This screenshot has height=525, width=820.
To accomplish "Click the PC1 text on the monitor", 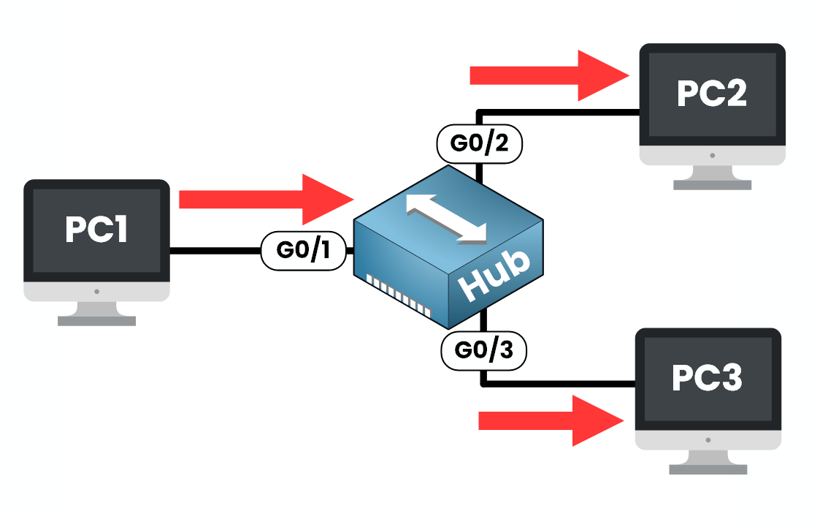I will coord(96,229).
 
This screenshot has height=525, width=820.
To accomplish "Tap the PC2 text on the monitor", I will coord(712,93).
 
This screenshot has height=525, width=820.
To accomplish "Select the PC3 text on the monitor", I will coord(707,377).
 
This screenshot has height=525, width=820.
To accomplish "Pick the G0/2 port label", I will coord(479,143).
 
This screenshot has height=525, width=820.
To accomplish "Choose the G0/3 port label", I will coord(483,350).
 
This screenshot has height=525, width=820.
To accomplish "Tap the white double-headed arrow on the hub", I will coord(448,217).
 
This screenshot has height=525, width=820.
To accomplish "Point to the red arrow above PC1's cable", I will coord(266,199).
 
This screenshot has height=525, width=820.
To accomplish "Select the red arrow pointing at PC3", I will coord(551,420).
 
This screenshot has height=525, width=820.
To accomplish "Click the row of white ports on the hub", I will coord(398,295).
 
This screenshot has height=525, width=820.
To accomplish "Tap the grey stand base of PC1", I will coord(97,320).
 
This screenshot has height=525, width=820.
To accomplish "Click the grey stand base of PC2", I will coord(712,185).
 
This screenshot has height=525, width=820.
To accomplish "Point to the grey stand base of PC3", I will coord(708,469).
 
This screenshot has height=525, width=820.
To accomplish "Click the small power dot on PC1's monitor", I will coord(97,292).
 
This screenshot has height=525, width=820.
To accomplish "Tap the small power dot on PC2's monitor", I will coord(712,155).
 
